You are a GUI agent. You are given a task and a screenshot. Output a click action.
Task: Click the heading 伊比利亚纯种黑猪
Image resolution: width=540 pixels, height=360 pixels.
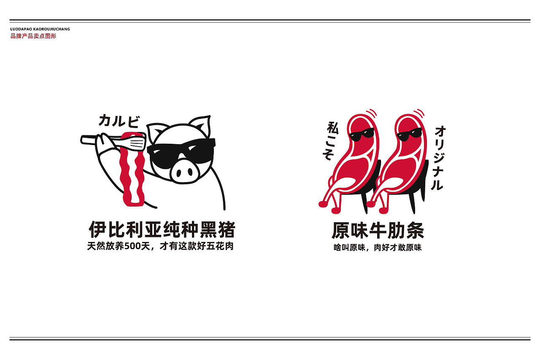[162, 230]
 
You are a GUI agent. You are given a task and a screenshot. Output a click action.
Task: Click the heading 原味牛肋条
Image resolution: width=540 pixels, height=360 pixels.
[378, 231]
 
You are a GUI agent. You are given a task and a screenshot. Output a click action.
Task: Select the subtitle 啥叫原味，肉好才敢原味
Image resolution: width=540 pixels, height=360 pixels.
[378, 248]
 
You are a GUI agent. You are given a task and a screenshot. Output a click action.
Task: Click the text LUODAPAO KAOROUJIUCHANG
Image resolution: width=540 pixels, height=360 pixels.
[40, 29]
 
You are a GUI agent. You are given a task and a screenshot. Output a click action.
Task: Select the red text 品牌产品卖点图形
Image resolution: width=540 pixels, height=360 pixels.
[33, 36]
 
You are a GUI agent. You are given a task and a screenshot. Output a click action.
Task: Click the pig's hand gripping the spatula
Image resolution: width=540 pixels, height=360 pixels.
[105, 141]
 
